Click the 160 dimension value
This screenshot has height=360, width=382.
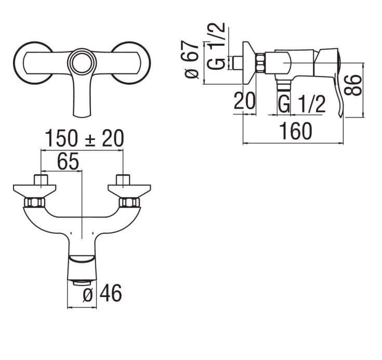click(296, 131)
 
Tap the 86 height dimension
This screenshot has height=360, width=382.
click(352, 85)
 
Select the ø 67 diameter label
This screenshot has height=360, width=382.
click(191, 59)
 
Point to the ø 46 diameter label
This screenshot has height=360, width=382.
click(102, 293)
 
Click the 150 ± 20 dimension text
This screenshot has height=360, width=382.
click(85, 138)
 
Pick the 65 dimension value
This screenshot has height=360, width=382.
click(68, 161)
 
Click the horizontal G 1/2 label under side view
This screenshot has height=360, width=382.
click(302, 104)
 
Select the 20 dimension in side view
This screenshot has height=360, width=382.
click(244, 100)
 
